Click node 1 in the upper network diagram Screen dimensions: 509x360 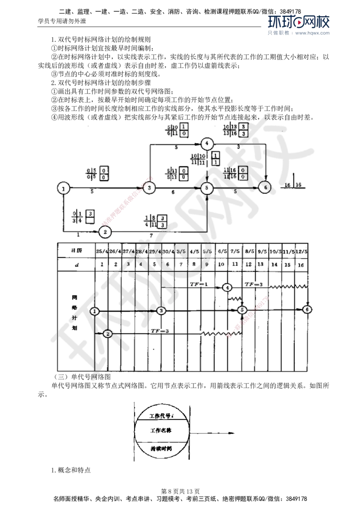(x=64, y=188)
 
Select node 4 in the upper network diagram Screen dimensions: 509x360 (x=207, y=143)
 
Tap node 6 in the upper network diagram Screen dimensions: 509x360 (x=265, y=187)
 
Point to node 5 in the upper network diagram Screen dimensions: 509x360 (x=207, y=188)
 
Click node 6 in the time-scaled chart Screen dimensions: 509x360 (x=307, y=309)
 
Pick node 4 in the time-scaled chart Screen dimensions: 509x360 (x=227, y=287)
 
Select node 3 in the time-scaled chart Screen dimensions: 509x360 (x=162, y=310)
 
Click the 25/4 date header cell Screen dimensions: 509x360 (x=103, y=251)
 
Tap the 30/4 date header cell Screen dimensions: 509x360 (x=168, y=251)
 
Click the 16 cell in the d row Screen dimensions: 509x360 (x=300, y=265)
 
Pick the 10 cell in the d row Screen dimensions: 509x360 (x=221, y=265)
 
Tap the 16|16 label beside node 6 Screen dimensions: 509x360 (x=293, y=185)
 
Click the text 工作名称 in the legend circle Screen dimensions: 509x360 (x=162, y=430)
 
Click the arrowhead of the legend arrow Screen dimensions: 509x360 (x=234, y=433)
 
